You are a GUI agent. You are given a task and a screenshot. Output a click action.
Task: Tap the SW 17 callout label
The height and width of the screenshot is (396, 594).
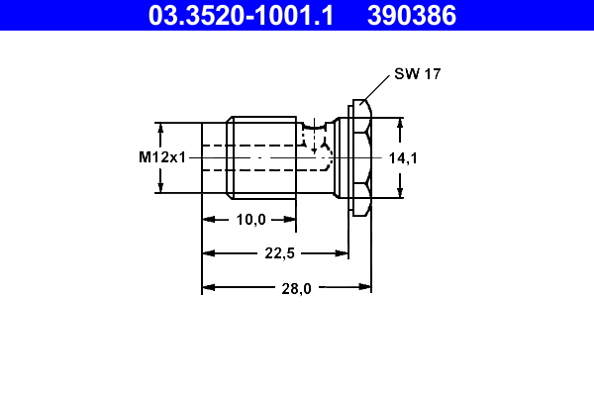click(417, 74)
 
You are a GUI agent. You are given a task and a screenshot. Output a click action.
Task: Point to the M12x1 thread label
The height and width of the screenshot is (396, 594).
click(162, 157)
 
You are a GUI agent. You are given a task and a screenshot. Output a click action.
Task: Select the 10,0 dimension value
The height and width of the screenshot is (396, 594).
click(250, 220)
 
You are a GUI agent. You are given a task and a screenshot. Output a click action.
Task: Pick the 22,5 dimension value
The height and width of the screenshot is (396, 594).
click(279, 253)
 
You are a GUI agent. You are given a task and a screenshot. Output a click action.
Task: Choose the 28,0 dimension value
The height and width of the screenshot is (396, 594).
click(295, 288)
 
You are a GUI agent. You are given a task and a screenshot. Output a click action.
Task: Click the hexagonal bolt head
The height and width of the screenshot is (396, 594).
click(360, 156)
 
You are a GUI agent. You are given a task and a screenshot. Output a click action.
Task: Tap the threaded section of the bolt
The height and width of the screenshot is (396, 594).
click(261, 156)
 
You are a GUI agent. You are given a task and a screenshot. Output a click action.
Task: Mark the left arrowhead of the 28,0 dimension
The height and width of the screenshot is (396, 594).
click(208, 288)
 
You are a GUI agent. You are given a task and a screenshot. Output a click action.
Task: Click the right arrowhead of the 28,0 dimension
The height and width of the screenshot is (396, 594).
click(365, 288)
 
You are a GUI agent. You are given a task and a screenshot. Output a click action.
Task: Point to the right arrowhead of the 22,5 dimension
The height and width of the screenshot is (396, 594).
click(343, 253)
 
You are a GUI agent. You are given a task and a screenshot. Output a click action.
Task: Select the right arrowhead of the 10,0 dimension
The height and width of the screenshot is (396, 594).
click(289, 220)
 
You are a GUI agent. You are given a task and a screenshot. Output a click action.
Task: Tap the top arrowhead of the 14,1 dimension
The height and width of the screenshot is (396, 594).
click(401, 125)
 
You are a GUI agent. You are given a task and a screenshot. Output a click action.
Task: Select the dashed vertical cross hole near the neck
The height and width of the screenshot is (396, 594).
click(316, 139)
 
